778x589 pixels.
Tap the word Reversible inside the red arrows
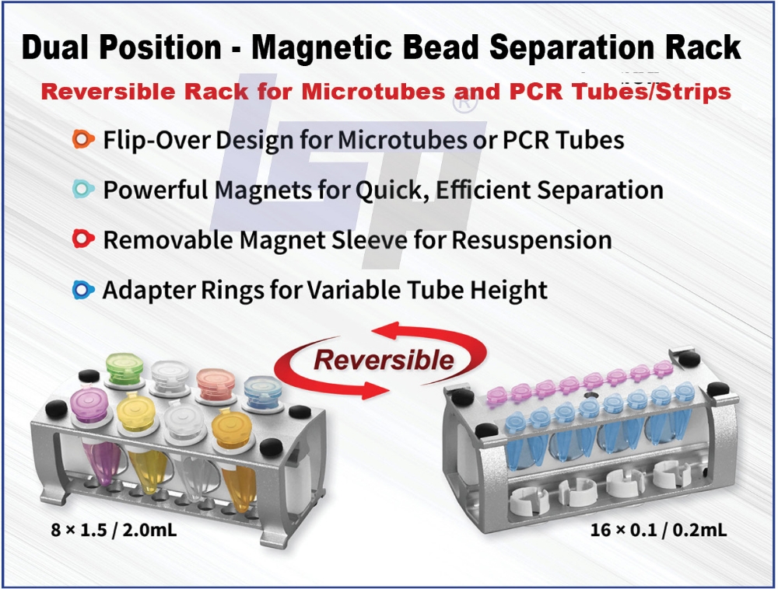384,360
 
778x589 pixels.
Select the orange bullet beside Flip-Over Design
83,139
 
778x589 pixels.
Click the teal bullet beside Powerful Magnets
83,190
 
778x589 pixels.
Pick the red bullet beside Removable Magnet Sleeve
83,239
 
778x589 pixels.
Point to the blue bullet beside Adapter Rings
83,290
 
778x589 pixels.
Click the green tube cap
125,368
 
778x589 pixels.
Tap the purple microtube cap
89,405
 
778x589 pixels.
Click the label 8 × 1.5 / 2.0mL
114,530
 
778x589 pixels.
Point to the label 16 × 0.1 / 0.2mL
658,530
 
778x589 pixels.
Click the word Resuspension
531,241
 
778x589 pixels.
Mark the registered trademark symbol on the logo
465,101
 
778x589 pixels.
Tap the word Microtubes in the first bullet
402,140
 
